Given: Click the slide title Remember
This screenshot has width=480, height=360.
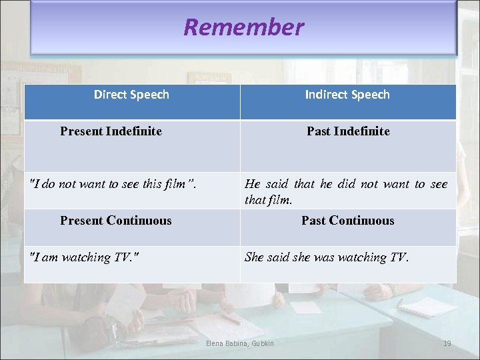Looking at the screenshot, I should (x=243, y=27).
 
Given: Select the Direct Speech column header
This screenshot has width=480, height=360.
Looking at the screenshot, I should (x=131, y=95).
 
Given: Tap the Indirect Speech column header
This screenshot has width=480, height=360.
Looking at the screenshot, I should (x=347, y=95).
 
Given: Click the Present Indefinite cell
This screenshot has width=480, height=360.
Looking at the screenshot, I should (x=111, y=131).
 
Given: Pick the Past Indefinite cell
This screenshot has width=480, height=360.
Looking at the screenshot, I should (x=348, y=131).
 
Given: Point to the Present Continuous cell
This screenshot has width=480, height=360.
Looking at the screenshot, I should (x=115, y=221).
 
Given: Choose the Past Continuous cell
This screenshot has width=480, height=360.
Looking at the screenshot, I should (x=347, y=221).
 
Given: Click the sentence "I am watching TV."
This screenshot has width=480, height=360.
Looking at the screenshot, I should (x=85, y=257).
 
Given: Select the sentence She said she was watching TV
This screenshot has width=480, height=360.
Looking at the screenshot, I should (x=327, y=257).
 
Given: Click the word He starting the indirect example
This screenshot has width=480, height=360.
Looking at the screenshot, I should (x=252, y=184).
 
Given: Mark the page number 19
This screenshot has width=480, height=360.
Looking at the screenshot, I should (x=447, y=343).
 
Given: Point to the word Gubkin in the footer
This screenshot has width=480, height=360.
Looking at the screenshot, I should (x=262, y=343).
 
